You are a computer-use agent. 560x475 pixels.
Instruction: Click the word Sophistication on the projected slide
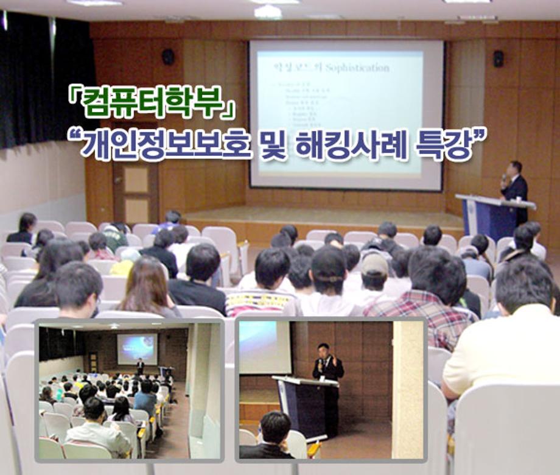click(359, 68)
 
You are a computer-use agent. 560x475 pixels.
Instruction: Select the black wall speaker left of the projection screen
click(168, 57)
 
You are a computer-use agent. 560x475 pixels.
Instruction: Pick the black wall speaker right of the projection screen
click(498, 58)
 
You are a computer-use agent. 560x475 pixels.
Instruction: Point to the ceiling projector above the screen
click(268, 12)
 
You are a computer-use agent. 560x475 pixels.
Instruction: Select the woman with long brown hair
click(146, 286)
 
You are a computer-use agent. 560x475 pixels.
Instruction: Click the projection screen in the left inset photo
click(137, 348)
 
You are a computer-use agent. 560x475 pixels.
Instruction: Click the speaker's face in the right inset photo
click(324, 351)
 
